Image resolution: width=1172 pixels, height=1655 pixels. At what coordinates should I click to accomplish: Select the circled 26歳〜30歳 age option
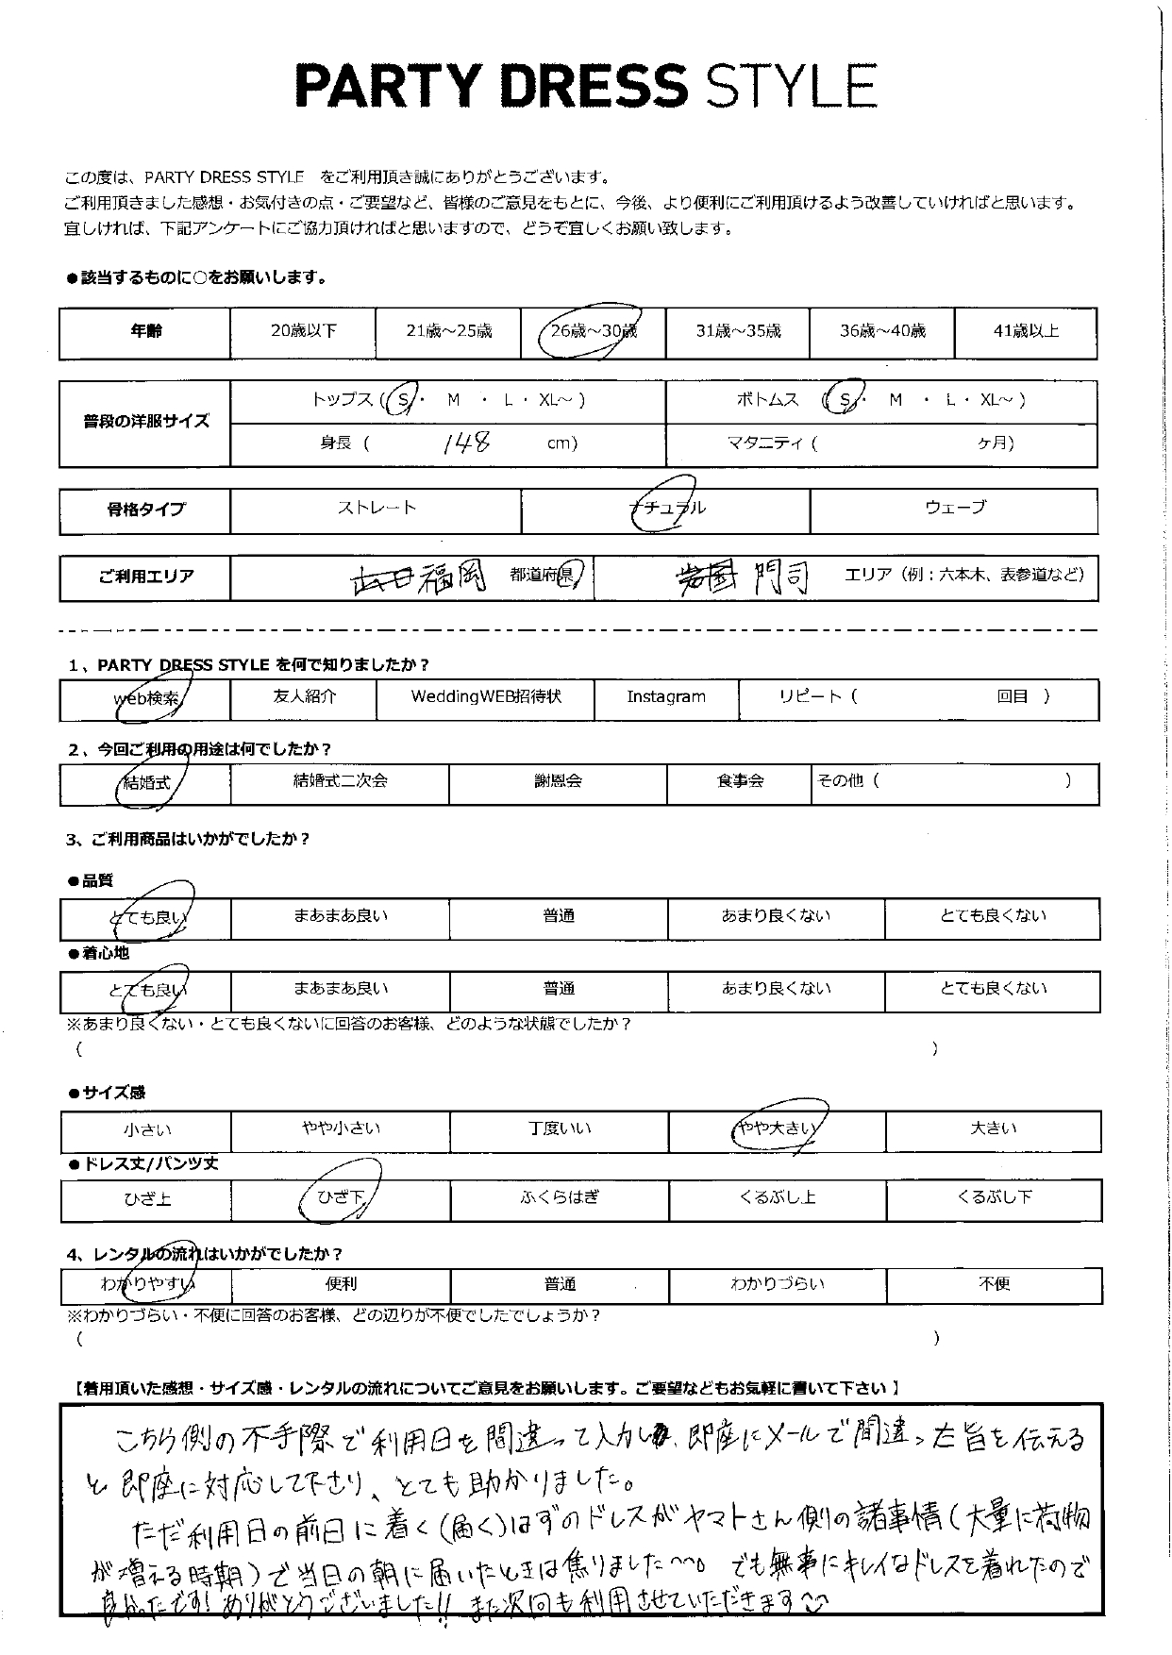click(x=592, y=331)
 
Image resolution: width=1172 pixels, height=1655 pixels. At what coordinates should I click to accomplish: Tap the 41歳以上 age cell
click(x=1026, y=331)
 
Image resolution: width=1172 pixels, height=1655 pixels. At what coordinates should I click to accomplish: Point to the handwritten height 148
click(x=466, y=443)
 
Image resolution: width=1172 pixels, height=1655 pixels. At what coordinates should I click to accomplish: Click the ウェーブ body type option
click(x=954, y=508)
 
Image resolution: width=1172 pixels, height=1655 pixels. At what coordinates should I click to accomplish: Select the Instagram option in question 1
click(x=666, y=697)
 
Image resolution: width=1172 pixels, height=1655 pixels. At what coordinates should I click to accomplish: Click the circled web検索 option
click(x=144, y=698)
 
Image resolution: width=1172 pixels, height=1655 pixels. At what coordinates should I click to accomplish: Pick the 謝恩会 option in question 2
click(x=558, y=781)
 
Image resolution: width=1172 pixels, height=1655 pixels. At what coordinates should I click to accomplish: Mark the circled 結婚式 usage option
click(x=145, y=783)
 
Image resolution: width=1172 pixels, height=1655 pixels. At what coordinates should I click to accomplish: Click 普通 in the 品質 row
click(x=558, y=916)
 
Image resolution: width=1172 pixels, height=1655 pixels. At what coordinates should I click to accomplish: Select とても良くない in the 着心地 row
click(x=993, y=989)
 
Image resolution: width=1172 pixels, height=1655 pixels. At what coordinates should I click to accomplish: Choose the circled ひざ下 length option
click(x=340, y=1198)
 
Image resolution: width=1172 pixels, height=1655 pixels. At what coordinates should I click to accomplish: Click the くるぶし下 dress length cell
click(x=994, y=1197)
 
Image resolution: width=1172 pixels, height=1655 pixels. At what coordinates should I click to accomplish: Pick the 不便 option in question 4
click(x=995, y=1284)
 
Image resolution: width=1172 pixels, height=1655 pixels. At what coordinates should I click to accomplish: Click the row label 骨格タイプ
click(x=145, y=510)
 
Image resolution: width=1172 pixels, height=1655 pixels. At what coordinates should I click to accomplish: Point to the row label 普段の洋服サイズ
click(x=145, y=422)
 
